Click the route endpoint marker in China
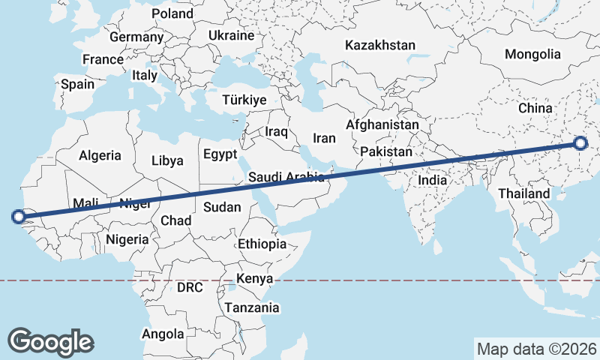click(581, 143)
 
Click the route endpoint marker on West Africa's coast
click(18, 217)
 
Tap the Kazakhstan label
click(380, 46)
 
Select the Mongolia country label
click(532, 54)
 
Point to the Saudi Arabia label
click(286, 178)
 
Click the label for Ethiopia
click(262, 244)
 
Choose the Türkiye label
click(244, 100)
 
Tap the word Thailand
click(524, 193)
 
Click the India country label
click(432, 180)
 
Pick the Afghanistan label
click(382, 124)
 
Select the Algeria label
click(100, 155)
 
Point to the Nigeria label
click(127, 239)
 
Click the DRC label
click(190, 287)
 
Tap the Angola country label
click(163, 334)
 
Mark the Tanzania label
click(251, 307)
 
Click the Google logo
click(51, 342)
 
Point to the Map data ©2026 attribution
click(537, 349)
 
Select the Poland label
click(172, 13)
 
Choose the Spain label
click(78, 84)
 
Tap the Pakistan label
click(386, 151)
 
